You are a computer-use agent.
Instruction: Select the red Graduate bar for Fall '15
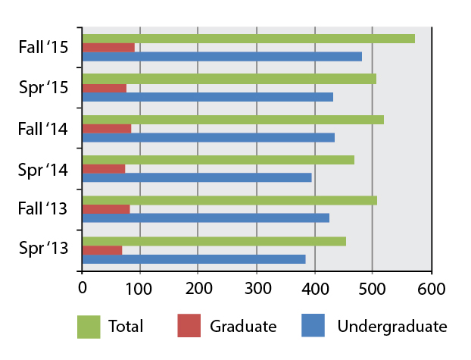pyautogui.click(x=108, y=48)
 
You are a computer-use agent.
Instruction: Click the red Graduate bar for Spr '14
pyautogui.click(x=104, y=169)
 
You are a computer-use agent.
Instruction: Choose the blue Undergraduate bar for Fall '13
pyautogui.click(x=205, y=218)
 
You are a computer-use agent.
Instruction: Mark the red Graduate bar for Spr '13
pyautogui.click(x=102, y=250)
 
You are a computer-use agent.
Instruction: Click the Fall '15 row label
pyautogui.click(x=44, y=48)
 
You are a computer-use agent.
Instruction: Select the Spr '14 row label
pyautogui.click(x=44, y=169)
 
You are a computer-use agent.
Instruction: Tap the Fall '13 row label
pyautogui.click(x=44, y=210)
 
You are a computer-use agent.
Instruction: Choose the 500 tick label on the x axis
pyautogui.click(x=373, y=288)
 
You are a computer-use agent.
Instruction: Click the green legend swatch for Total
pyautogui.click(x=89, y=327)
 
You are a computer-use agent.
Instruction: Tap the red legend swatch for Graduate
pyautogui.click(x=189, y=327)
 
